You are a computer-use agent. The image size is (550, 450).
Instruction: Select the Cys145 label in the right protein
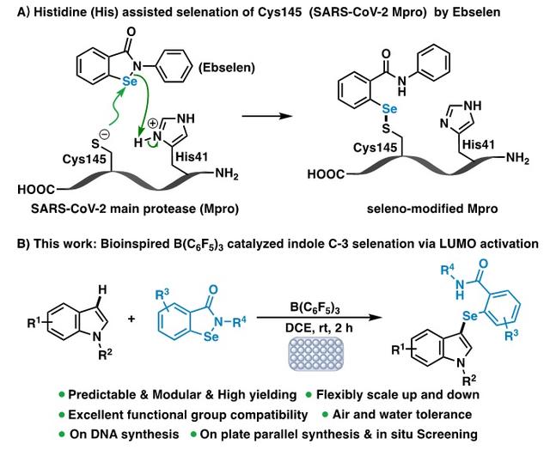click(378, 150)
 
